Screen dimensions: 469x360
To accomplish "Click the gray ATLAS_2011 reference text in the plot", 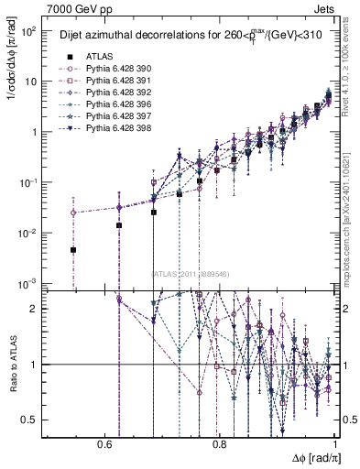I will pos(191,273).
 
